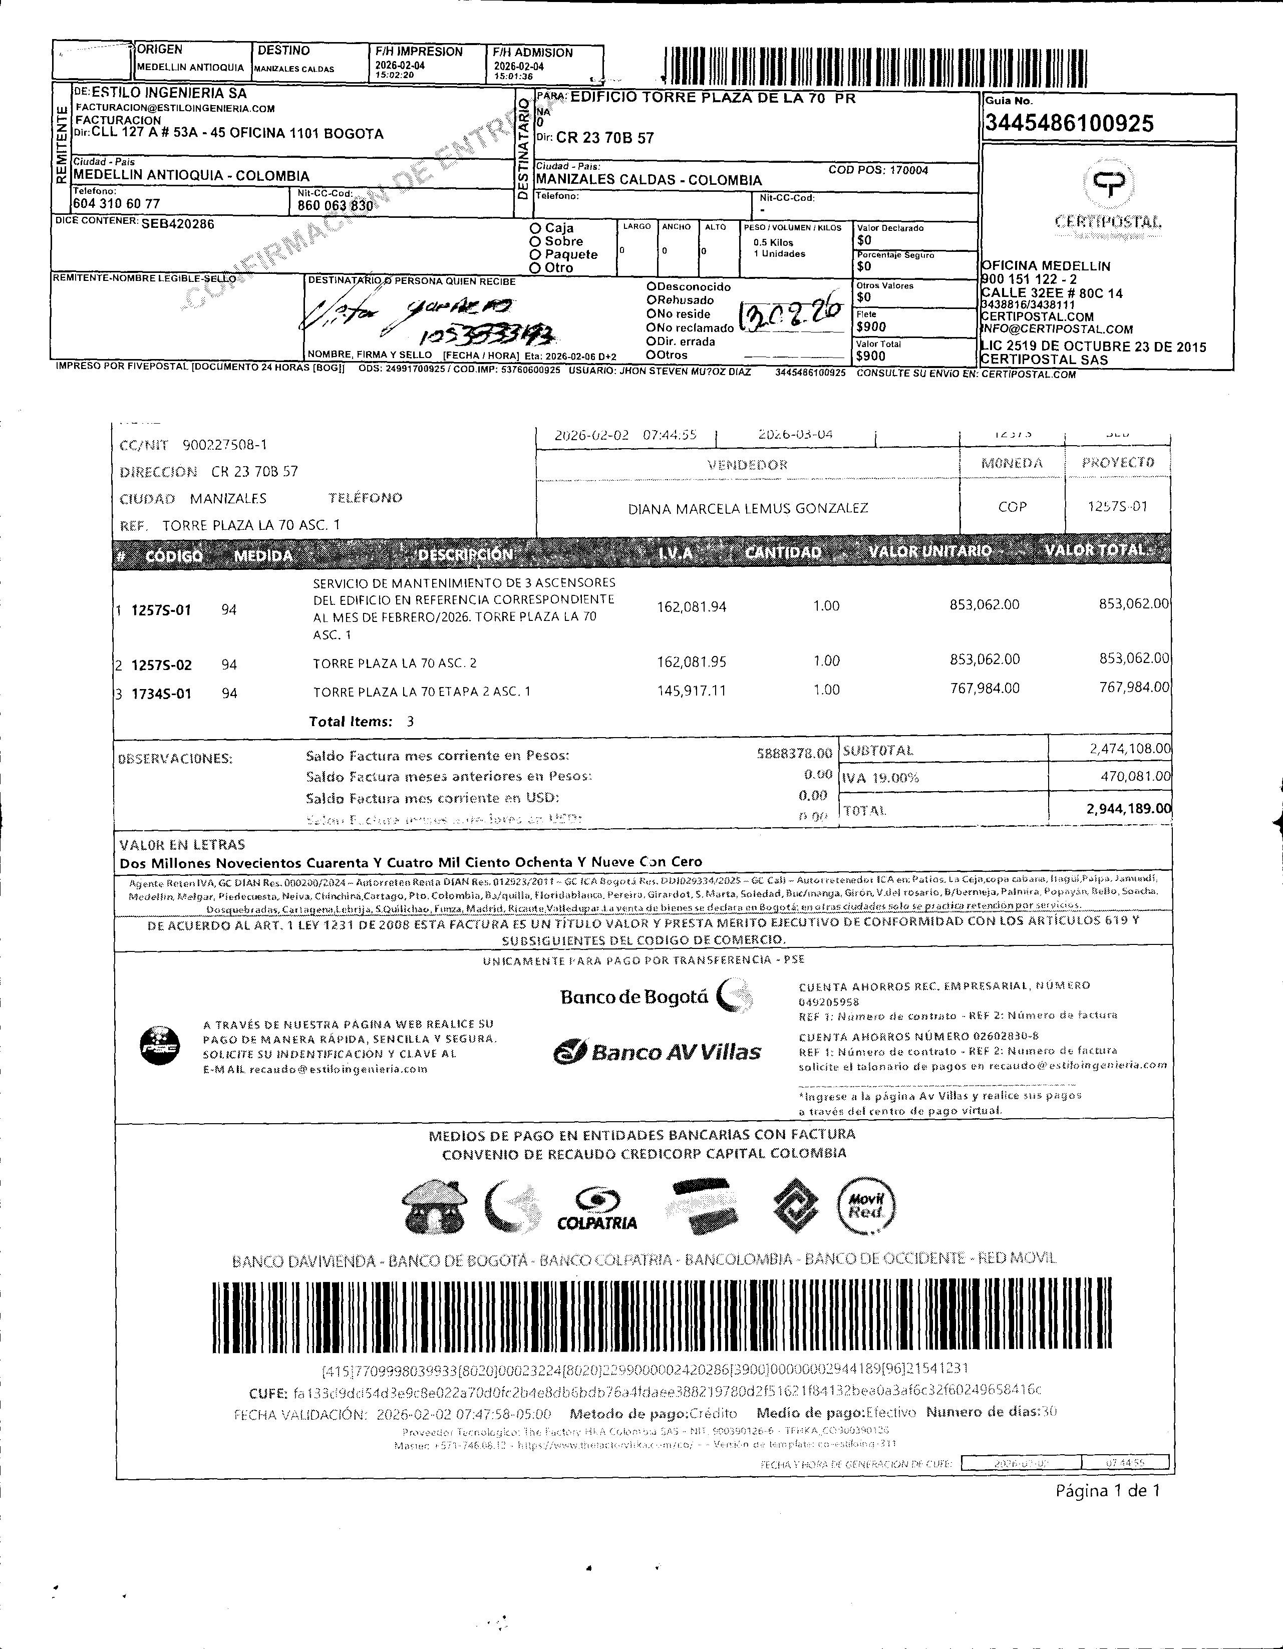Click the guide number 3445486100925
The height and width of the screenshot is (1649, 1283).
pyautogui.click(x=1069, y=123)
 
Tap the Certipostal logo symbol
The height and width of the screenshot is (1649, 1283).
pyautogui.click(x=1109, y=182)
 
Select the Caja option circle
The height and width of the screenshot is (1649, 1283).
pyautogui.click(x=535, y=228)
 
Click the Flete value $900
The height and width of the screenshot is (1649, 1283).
pyautogui.click(x=871, y=327)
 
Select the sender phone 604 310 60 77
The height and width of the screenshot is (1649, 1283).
pyautogui.click(x=116, y=204)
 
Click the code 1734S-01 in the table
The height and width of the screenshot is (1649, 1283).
pyautogui.click(x=162, y=693)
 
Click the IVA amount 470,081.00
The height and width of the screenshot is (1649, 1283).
pyautogui.click(x=1135, y=776)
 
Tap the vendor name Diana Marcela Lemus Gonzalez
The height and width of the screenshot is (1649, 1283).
pyautogui.click(x=748, y=508)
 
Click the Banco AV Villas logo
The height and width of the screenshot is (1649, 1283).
pyautogui.click(x=657, y=1052)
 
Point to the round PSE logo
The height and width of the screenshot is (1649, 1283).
pyautogui.click(x=160, y=1046)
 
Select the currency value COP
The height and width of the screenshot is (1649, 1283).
pyautogui.click(x=1012, y=507)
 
